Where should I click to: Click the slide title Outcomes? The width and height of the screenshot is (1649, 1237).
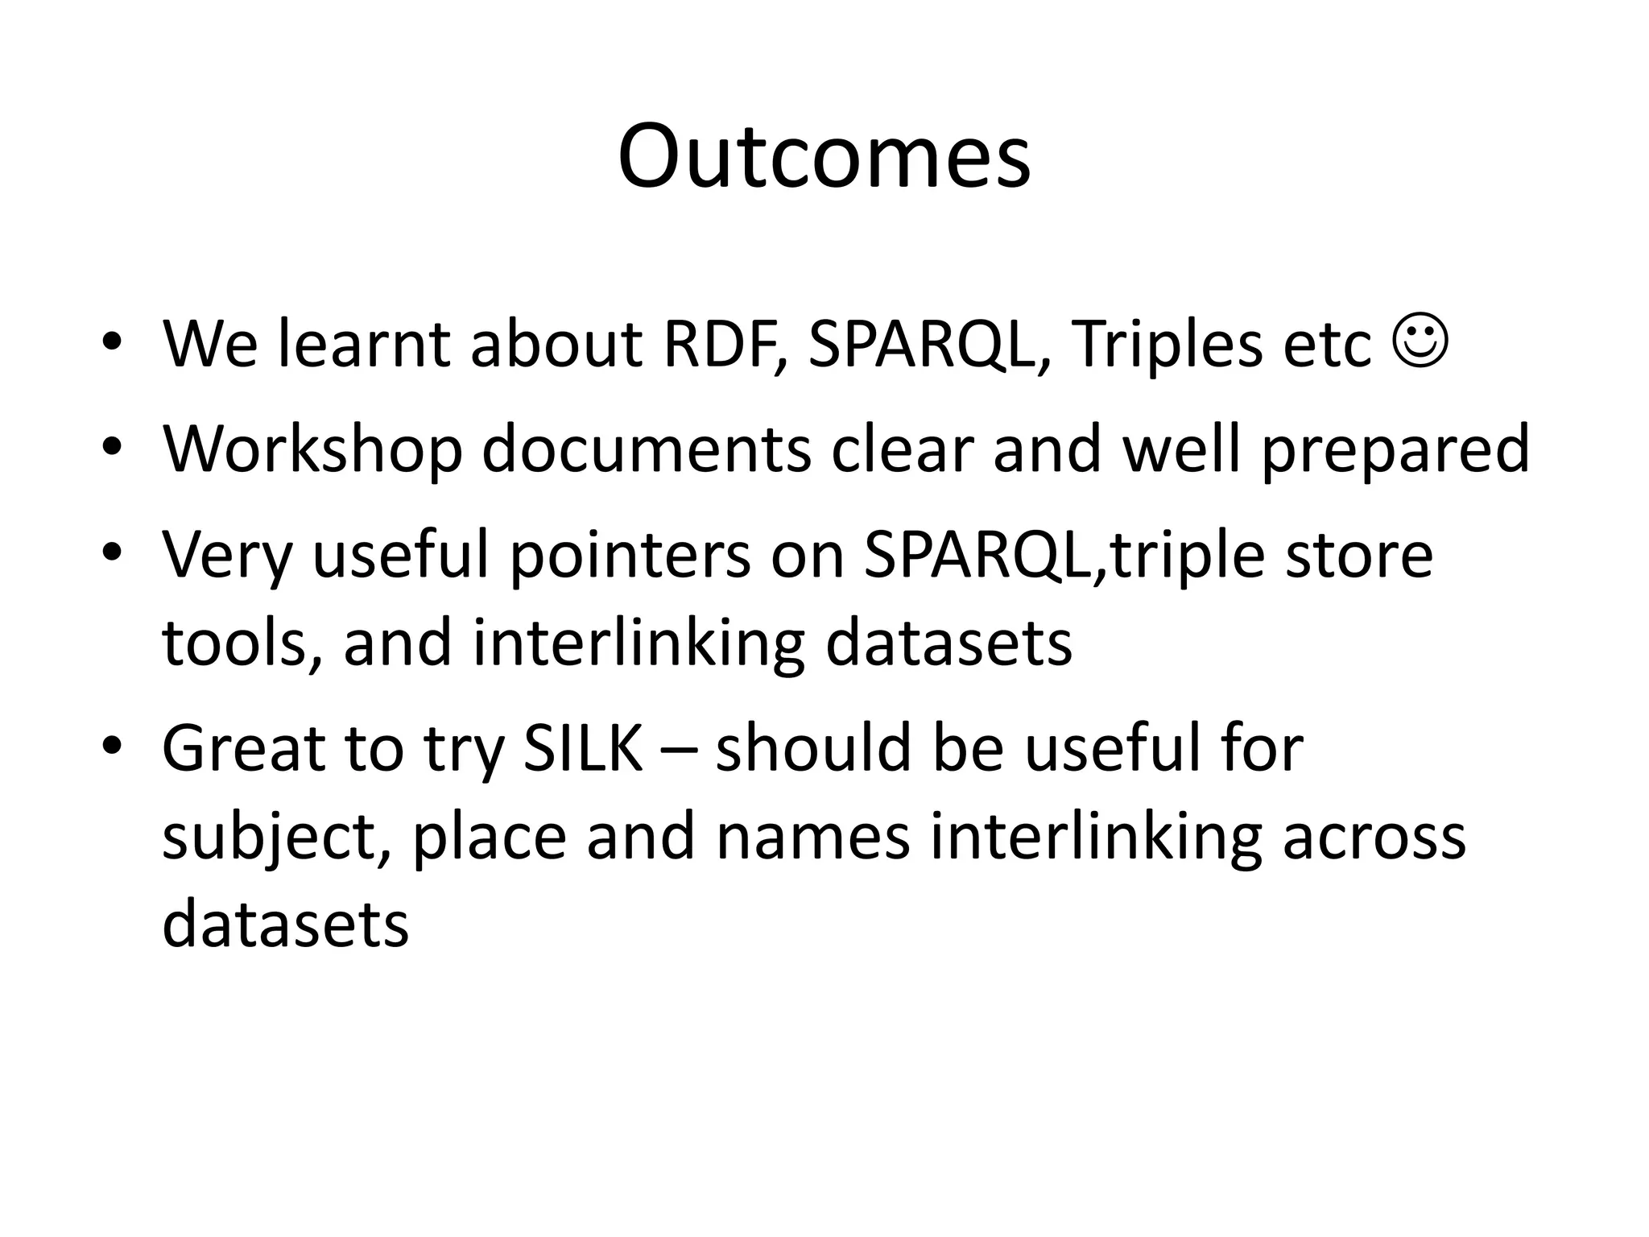pyautogui.click(x=824, y=156)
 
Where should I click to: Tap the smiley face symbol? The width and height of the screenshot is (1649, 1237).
pyautogui.click(x=1420, y=342)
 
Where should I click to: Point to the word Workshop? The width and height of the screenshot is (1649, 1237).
pyautogui.click(x=312, y=449)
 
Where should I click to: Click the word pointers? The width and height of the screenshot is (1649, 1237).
pyautogui.click(x=629, y=556)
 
